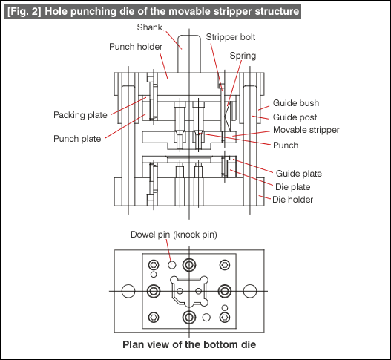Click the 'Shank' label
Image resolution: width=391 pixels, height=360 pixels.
point(150,27)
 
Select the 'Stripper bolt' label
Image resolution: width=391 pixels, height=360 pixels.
point(231,37)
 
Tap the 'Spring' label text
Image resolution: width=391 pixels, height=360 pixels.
point(243,56)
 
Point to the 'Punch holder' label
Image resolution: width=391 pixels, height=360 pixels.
point(136,47)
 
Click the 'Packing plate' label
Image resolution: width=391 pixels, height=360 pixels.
point(80,115)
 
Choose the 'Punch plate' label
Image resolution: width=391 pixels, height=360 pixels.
point(77,139)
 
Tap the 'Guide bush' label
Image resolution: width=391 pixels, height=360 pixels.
point(296,103)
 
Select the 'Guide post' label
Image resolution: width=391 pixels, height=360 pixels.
point(295,117)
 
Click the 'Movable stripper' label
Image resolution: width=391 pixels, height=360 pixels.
point(306,130)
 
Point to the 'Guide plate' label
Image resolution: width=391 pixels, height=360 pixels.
point(299,174)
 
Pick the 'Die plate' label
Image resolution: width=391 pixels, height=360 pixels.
point(293,187)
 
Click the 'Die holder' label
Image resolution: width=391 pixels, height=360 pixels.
point(292,200)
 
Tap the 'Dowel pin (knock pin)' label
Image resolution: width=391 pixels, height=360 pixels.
point(174,235)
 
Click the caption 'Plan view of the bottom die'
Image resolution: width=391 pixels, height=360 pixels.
point(189,344)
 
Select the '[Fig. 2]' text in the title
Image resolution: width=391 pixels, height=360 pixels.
point(24,12)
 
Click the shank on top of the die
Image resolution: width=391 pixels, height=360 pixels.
point(189,54)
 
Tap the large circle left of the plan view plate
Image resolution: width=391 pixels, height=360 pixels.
point(128,291)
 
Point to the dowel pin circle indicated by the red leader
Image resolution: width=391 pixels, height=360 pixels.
point(171,265)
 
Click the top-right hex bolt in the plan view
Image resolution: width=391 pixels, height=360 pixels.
point(224,265)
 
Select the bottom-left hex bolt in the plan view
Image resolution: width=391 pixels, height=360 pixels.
point(154,318)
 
